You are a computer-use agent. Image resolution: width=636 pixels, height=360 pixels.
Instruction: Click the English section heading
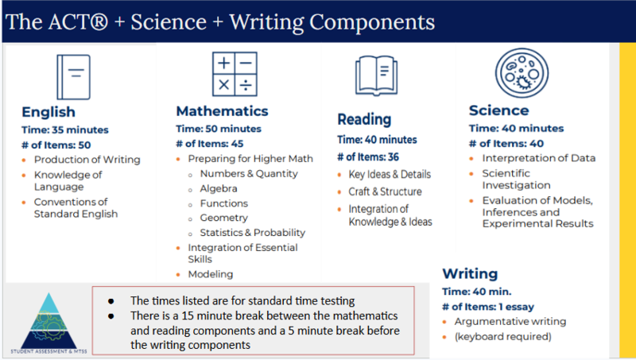(48, 112)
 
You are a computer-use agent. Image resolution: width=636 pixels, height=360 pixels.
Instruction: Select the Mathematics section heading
(222, 111)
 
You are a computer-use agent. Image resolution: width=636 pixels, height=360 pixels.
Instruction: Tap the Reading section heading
(364, 119)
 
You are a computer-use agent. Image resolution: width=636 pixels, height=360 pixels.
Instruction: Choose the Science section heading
(498, 110)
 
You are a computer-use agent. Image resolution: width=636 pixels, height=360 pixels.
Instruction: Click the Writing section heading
(470, 273)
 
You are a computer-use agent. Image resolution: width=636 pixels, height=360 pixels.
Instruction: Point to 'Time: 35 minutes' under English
(65, 129)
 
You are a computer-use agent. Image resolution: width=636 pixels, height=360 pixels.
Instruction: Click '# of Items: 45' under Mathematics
(210, 143)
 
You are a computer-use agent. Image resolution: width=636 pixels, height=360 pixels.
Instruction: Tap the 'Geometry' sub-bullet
(223, 217)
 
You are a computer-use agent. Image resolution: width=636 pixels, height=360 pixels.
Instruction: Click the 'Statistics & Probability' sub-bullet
(252, 232)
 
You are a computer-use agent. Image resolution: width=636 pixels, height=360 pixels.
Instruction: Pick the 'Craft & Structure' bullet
(384, 192)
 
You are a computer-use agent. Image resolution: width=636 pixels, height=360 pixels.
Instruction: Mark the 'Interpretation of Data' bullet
(538, 158)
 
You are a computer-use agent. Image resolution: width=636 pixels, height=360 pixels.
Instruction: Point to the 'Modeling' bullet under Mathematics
(210, 274)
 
